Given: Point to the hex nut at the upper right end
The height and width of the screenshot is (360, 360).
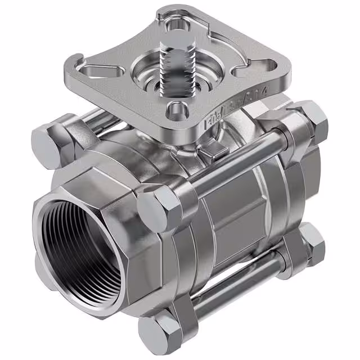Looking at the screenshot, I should click(314, 123).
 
